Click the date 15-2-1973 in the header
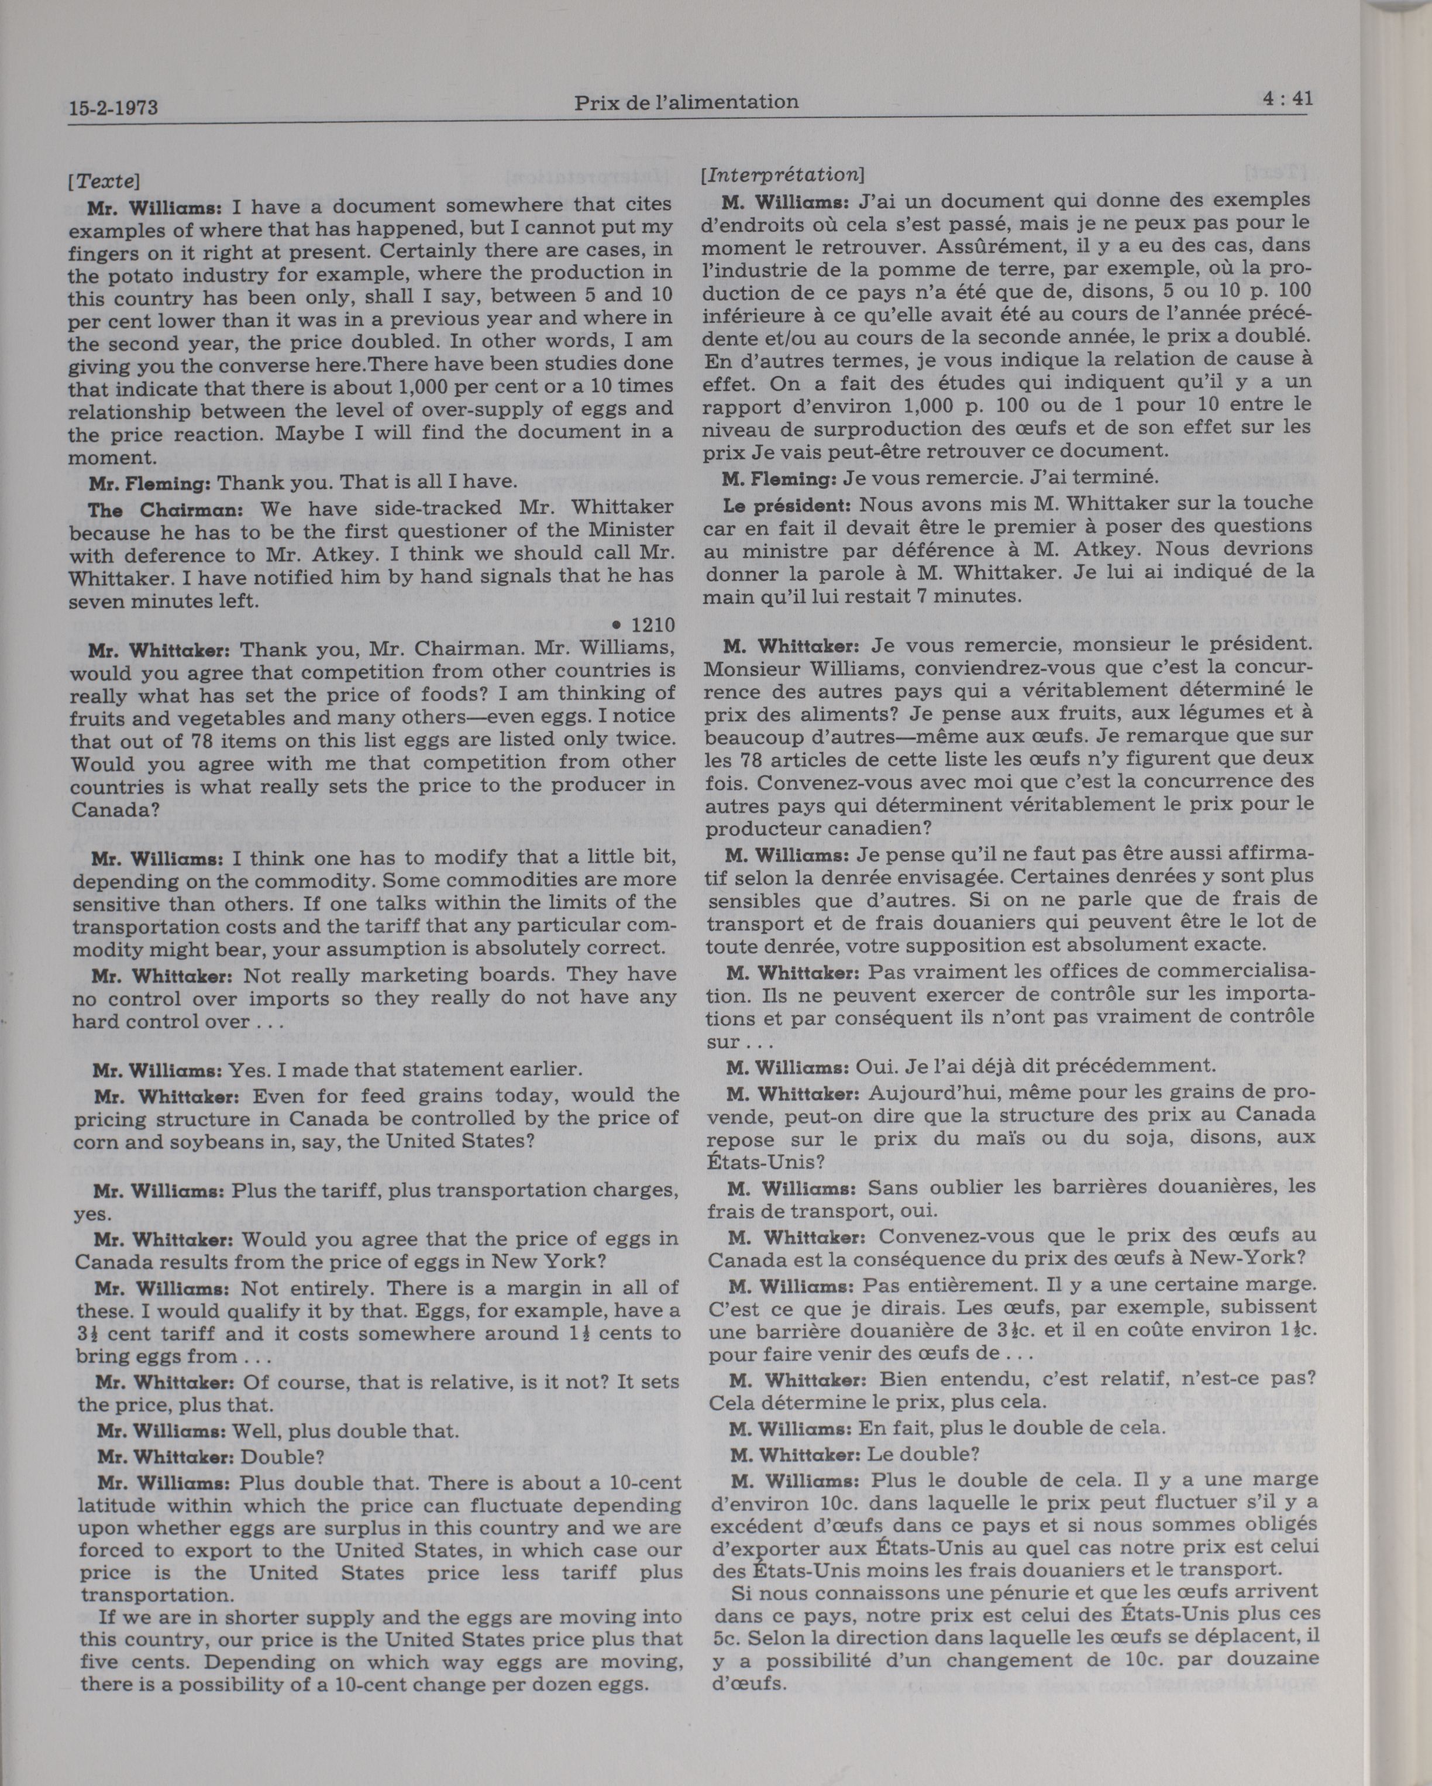click(x=113, y=108)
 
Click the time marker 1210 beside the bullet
click(x=653, y=624)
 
